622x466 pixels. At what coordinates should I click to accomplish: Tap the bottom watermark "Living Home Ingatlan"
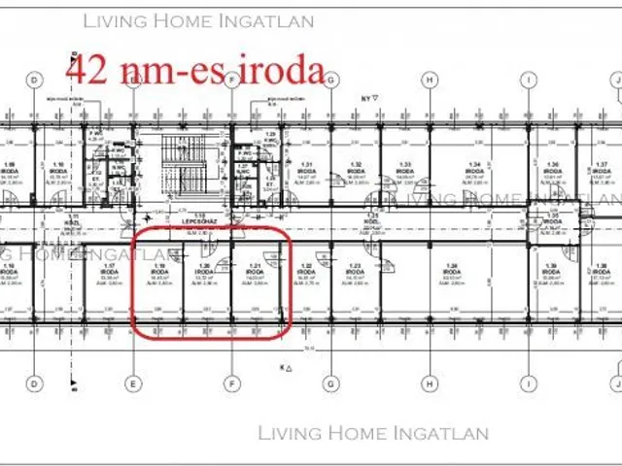(x=374, y=433)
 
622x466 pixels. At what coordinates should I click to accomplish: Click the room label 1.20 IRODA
(x=204, y=274)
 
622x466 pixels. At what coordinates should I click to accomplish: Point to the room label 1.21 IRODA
(x=255, y=274)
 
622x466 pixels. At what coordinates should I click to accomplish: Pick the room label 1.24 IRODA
(x=450, y=274)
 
